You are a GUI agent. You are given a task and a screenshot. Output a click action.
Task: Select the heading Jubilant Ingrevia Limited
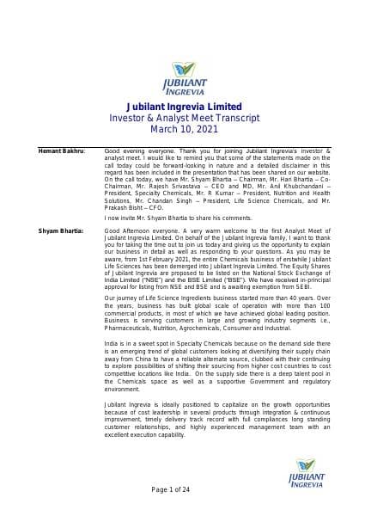[x=182, y=105]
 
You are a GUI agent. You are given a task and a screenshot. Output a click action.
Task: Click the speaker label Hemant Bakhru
[x=62, y=150]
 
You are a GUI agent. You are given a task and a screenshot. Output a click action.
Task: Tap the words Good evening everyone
[x=141, y=150]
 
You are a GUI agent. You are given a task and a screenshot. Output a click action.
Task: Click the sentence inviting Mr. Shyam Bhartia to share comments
[x=172, y=218]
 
